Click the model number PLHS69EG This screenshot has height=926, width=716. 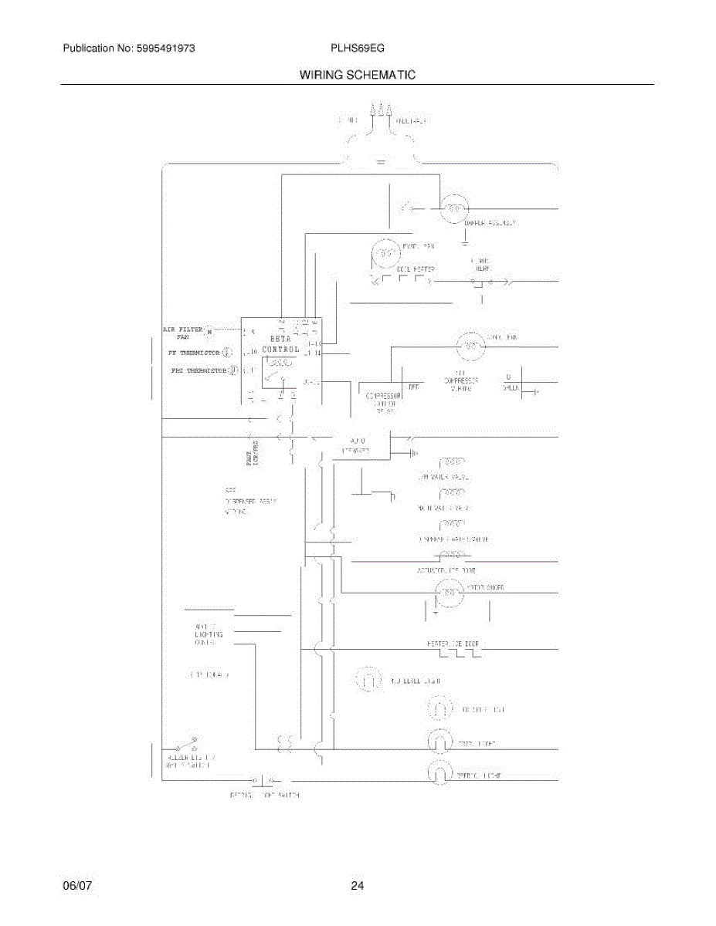coord(357,48)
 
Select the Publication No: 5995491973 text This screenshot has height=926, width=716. coord(128,48)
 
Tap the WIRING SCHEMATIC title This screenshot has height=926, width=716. coord(358,75)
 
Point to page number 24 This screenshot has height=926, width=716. coord(357,886)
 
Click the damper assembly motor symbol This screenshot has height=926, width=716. coord(453,208)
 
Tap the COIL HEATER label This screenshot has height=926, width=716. coord(416,269)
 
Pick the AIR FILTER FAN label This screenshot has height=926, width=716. coord(183,333)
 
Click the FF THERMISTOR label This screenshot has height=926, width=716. coord(194,352)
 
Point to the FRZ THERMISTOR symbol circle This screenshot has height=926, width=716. coord(232,371)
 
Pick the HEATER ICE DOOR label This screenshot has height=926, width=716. coord(457,644)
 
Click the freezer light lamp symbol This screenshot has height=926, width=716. coord(439,743)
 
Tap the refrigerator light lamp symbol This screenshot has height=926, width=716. coord(439,772)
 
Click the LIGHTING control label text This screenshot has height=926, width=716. coord(209,634)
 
